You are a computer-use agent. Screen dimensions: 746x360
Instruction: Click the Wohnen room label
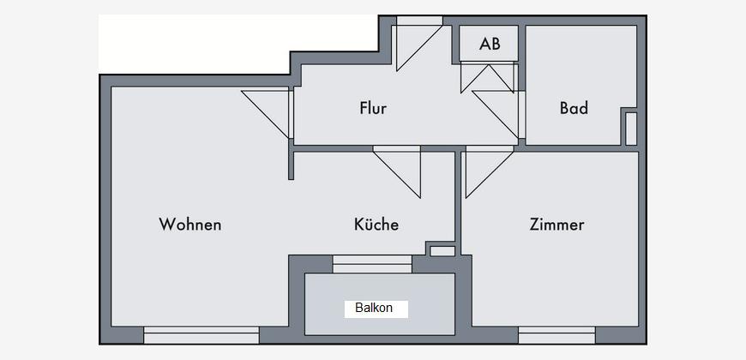tap(190, 224)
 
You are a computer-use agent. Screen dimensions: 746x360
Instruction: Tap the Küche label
tap(376, 224)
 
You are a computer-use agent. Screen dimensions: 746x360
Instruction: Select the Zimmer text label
tap(556, 224)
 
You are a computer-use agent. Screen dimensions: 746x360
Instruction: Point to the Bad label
tap(574, 108)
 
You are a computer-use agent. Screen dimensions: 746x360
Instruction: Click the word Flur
tap(373, 108)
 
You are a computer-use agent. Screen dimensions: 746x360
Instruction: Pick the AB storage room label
tap(490, 44)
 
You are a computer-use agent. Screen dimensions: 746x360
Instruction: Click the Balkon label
tap(374, 308)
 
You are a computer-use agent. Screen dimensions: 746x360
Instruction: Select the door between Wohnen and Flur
tap(267, 113)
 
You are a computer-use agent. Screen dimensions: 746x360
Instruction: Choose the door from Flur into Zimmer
tap(489, 172)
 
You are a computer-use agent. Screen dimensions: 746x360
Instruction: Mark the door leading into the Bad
tap(497, 114)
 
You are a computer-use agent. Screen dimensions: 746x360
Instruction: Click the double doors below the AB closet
tap(489, 77)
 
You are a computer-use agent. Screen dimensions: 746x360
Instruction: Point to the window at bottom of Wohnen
tap(202, 335)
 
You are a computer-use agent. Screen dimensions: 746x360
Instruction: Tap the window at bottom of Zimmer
tap(556, 335)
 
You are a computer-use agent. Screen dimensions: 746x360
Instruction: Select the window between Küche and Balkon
tap(372, 264)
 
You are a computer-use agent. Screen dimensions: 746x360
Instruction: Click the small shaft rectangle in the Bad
tap(631, 129)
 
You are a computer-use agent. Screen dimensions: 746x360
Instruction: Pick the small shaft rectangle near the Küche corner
tap(443, 251)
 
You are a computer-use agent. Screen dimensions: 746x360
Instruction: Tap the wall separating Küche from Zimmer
tap(458, 203)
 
